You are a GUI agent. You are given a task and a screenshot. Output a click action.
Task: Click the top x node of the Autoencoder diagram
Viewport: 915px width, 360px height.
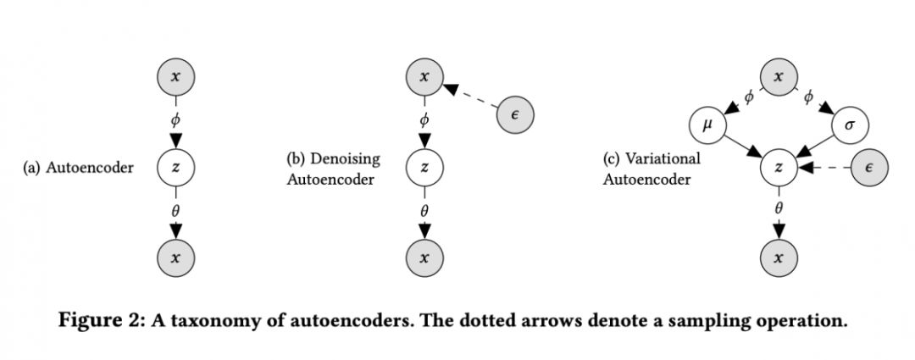175,77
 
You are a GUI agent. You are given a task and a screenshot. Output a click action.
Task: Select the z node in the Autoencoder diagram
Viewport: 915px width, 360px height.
175,168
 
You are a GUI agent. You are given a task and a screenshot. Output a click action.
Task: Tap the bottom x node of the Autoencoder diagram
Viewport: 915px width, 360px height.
175,258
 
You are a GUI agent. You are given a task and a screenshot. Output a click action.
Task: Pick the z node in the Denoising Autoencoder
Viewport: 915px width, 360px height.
424,168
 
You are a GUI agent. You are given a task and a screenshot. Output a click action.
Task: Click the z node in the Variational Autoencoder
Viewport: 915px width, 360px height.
779,168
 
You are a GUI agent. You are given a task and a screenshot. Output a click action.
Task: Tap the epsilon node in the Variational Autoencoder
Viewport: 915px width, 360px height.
869,168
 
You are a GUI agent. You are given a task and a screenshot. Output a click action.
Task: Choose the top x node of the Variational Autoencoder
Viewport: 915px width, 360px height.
779,77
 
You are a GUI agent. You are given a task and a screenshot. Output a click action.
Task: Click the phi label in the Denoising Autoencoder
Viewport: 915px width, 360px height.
424,120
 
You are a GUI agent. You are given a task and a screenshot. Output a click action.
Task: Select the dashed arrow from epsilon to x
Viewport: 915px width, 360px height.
471,96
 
